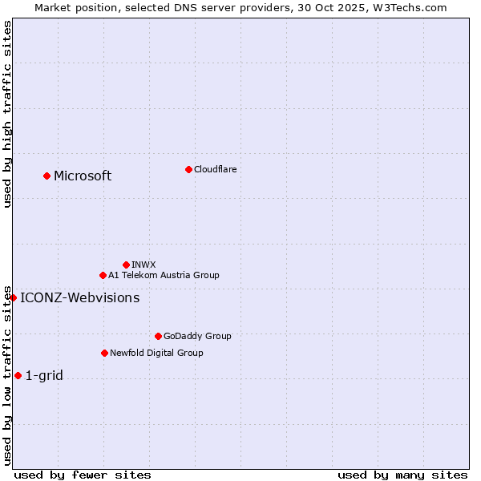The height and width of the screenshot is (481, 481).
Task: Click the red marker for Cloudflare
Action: [188, 169]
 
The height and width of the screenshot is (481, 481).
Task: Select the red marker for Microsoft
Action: [46, 176]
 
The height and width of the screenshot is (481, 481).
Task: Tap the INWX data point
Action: [126, 265]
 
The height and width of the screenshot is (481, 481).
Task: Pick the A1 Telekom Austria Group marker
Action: [103, 275]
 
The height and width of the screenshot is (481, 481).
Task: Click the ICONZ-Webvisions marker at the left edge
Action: [13, 297]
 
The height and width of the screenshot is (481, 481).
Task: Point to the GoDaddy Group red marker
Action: [158, 336]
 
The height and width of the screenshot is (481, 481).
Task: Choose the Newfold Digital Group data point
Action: [104, 353]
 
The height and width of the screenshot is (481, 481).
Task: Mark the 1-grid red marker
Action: [18, 375]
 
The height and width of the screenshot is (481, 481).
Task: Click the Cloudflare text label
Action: [215, 169]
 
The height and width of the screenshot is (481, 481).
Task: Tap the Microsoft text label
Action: [83, 176]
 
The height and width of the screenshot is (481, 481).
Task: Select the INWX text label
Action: [143, 265]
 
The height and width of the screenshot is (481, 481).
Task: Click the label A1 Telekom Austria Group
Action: [164, 275]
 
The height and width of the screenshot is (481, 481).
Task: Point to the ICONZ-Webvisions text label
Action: [79, 297]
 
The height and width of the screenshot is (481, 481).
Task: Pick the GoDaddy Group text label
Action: [197, 336]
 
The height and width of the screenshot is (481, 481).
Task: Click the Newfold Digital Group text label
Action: [156, 353]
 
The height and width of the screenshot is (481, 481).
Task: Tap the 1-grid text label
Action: [44, 375]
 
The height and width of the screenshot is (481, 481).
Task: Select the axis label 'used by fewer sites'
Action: [83, 475]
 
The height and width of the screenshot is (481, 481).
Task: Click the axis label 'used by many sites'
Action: [402, 475]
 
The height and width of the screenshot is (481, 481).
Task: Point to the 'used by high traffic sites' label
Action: [7, 114]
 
